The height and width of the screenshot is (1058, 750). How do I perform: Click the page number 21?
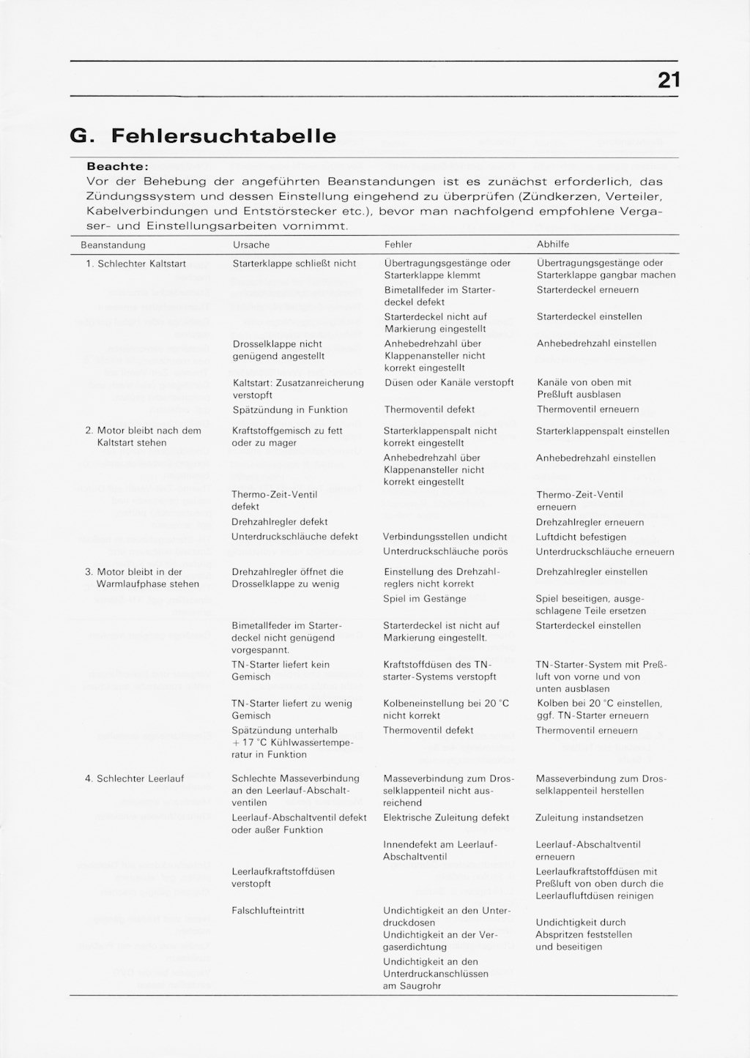[x=668, y=80]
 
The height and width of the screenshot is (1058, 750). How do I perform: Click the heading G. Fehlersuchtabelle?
[x=202, y=136]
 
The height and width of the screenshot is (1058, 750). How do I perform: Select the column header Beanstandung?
[x=113, y=245]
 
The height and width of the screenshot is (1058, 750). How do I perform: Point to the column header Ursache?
[x=250, y=245]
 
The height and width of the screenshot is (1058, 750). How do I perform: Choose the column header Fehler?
[x=398, y=245]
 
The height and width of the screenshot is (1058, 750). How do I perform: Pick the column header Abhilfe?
[x=552, y=245]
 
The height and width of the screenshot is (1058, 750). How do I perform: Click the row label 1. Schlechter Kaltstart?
[x=135, y=264]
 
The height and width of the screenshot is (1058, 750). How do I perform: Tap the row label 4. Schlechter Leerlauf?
[x=135, y=779]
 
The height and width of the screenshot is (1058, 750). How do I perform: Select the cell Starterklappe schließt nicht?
[x=294, y=264]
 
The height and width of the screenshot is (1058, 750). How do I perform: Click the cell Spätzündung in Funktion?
[x=290, y=410]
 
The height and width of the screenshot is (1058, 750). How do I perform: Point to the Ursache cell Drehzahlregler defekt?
[x=279, y=522]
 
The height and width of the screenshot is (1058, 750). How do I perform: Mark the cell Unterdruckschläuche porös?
[x=445, y=551]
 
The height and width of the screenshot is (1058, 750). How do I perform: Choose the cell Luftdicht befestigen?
[x=581, y=537]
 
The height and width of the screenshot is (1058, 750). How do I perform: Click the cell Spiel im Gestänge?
[x=425, y=599]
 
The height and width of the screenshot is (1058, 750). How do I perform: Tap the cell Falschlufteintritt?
[x=268, y=911]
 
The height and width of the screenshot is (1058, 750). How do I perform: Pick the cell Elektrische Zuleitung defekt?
[x=446, y=818]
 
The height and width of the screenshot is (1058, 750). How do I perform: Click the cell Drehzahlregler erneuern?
[x=590, y=522]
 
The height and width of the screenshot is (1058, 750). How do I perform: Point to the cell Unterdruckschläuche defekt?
[x=294, y=537]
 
